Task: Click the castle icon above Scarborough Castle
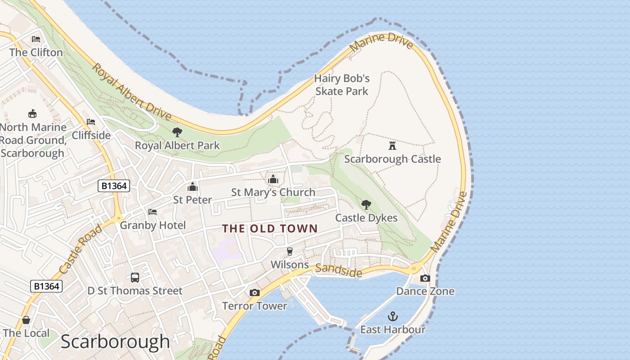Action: click(392, 145)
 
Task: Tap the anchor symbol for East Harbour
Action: click(393, 316)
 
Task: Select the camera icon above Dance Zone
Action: click(425, 279)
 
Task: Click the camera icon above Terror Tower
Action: click(254, 293)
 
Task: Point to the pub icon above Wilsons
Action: click(290, 252)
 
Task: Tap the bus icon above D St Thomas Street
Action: click(135, 278)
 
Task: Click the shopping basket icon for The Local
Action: click(26, 320)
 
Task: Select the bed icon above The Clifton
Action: click(36, 39)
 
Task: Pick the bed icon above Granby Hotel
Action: click(153, 212)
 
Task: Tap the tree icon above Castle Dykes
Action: click(366, 205)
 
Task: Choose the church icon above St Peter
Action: click(193, 187)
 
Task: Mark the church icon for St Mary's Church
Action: click(273, 180)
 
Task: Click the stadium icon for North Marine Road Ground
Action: click(32, 113)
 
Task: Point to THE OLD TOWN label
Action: click(270, 229)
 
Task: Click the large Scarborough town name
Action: click(115, 342)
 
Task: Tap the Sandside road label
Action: click(338, 270)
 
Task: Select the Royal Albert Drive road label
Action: click(131, 92)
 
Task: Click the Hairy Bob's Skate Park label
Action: click(342, 85)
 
